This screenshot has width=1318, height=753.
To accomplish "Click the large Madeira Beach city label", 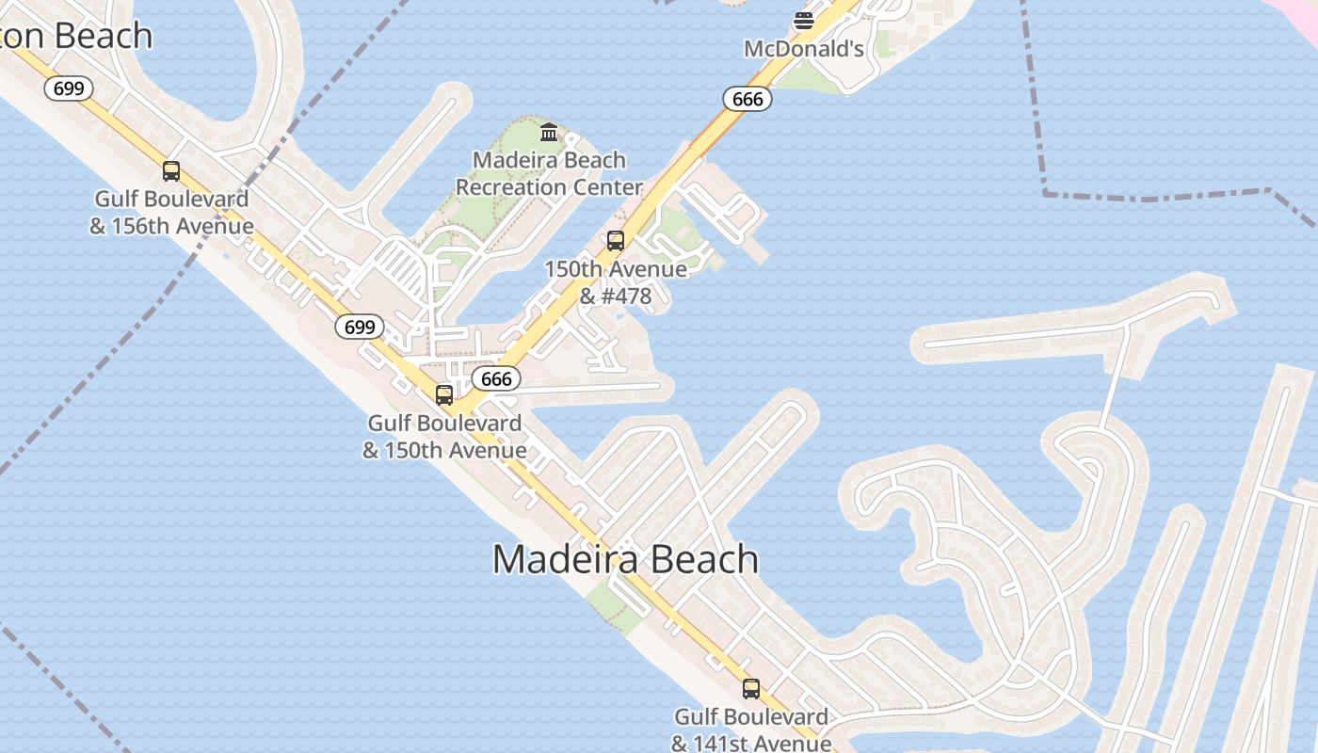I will [x=625, y=559].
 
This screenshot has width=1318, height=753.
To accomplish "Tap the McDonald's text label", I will [x=803, y=49].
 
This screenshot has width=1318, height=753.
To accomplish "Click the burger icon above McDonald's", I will [x=803, y=20].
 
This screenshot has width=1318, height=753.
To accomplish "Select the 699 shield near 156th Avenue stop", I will [x=69, y=88].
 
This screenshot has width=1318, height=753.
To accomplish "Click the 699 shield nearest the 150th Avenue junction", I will [x=360, y=327].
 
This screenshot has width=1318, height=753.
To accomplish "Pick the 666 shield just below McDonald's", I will [x=747, y=98].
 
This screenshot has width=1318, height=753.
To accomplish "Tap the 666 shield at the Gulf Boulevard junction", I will [x=496, y=378].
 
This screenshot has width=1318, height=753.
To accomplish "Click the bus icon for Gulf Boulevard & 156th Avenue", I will [x=171, y=170].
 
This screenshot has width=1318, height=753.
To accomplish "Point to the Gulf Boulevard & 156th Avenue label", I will [x=171, y=213].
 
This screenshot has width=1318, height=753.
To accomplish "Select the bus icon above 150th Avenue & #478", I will [x=616, y=240].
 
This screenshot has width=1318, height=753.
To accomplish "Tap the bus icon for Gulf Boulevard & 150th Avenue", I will [x=444, y=394].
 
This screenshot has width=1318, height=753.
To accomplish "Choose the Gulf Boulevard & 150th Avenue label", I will [x=444, y=437].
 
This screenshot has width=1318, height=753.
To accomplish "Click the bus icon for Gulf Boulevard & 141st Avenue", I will [x=751, y=688].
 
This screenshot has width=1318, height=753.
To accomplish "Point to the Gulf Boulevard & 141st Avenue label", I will [x=751, y=730].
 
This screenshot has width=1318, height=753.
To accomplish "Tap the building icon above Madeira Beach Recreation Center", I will [x=549, y=132].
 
